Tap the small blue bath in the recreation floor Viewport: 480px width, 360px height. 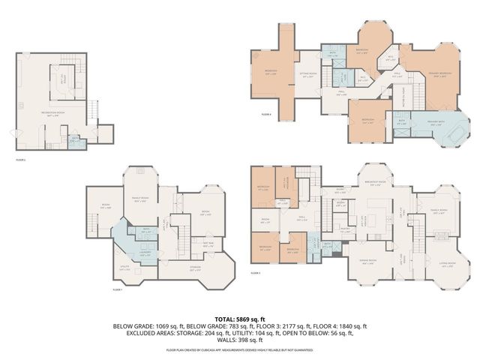pos(74,139)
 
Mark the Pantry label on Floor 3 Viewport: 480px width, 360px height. pos(346,232)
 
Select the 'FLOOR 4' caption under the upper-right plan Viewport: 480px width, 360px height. pos(266,115)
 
